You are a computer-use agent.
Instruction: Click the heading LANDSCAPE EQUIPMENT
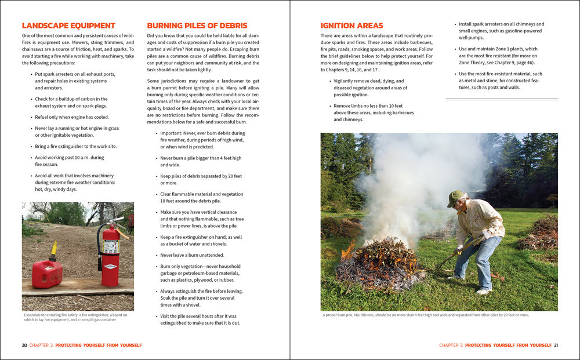click(x=68, y=26)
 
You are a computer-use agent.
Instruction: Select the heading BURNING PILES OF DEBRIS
click(x=197, y=26)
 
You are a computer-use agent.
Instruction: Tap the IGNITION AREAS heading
click(x=352, y=26)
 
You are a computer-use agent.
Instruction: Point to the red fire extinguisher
click(x=110, y=255)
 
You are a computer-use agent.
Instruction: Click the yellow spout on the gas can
click(x=53, y=251)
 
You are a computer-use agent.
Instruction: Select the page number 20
click(x=24, y=345)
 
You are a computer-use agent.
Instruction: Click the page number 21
click(x=556, y=345)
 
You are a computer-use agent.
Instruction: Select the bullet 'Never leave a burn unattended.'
click(x=192, y=255)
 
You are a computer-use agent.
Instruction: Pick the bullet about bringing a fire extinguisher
click(x=76, y=146)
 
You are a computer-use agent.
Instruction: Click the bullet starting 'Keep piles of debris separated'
click(x=201, y=179)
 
